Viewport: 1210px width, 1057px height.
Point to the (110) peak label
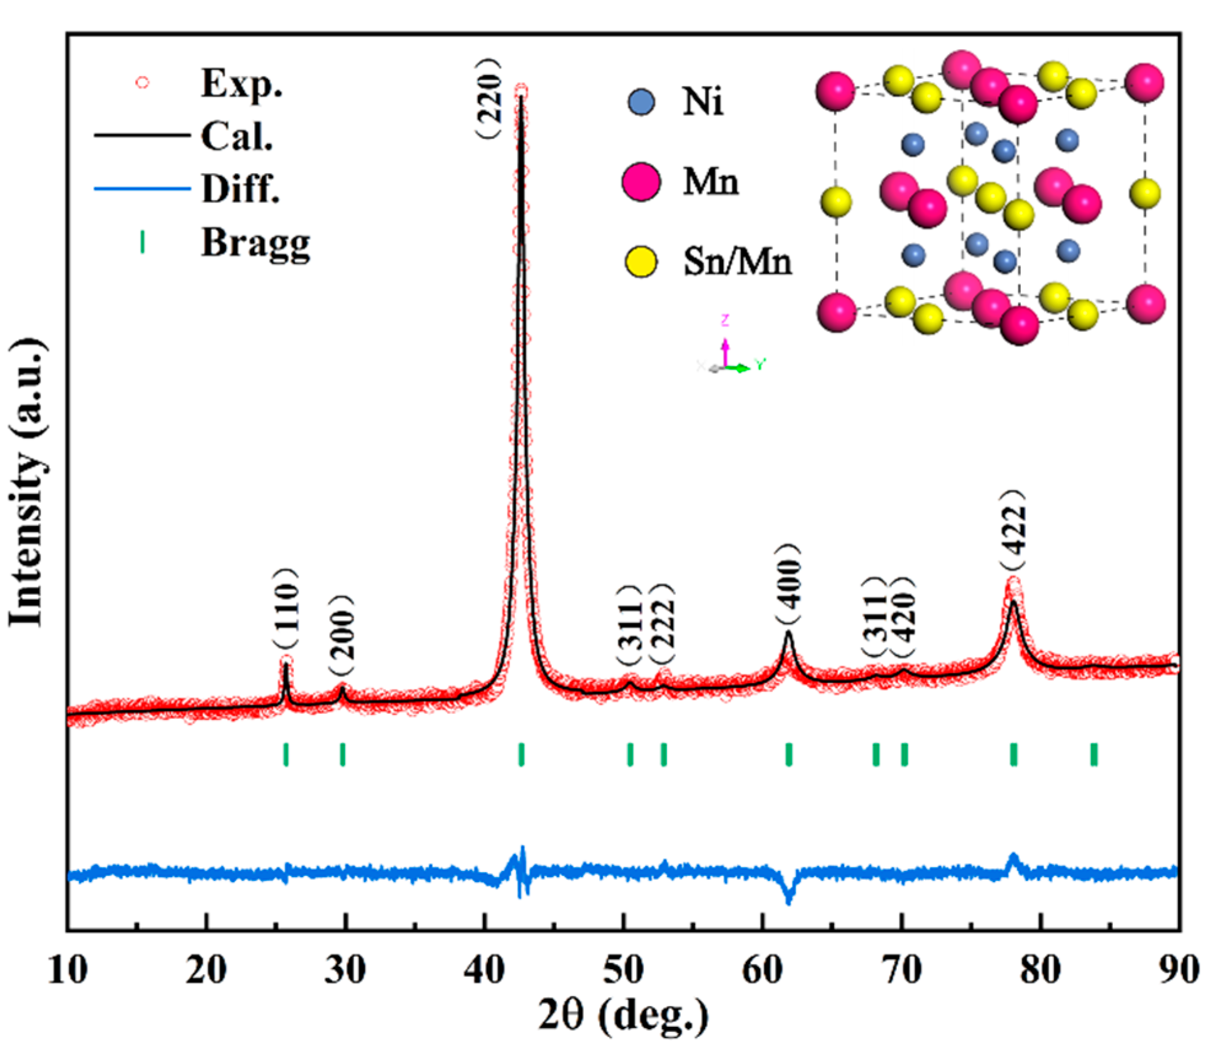(286, 608)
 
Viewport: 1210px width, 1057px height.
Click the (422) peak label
(1012, 531)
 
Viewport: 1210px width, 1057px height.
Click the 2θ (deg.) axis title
(623, 1016)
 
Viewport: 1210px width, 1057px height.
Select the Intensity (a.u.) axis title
(28, 482)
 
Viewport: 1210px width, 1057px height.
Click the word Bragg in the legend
(255, 242)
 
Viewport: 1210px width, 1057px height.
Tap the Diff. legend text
(241, 188)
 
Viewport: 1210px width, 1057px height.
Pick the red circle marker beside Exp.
(142, 82)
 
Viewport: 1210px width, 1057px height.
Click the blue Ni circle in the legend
(641, 102)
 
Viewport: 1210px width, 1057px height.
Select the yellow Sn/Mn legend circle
(641, 262)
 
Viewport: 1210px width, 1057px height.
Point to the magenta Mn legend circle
(641, 182)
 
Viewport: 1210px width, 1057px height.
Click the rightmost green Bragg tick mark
(1094, 754)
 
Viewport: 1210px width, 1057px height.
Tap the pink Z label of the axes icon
(725, 320)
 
